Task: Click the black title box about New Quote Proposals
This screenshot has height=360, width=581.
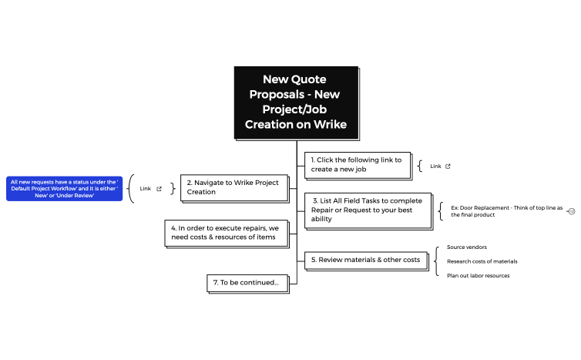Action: [297, 103]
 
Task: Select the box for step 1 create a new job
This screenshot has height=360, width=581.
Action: [356, 164]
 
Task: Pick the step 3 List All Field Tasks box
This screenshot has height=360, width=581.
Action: [366, 210]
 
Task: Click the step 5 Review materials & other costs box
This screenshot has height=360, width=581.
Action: [366, 260]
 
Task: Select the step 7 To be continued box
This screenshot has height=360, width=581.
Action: [247, 283]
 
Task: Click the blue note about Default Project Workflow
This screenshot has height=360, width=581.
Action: [64, 189]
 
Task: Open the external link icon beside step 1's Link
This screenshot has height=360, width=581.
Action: [448, 166]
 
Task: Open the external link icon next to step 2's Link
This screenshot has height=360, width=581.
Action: [160, 188]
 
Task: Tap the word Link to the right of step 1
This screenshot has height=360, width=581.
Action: [435, 166]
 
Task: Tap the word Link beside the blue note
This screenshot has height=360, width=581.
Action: [146, 188]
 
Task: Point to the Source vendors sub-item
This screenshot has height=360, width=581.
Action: [467, 247]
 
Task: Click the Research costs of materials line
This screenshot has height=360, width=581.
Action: [482, 261]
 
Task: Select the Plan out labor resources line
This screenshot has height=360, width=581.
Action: [479, 275]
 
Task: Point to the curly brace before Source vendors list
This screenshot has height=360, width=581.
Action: [437, 261]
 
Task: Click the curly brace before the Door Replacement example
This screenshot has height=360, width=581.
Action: [441, 211]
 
